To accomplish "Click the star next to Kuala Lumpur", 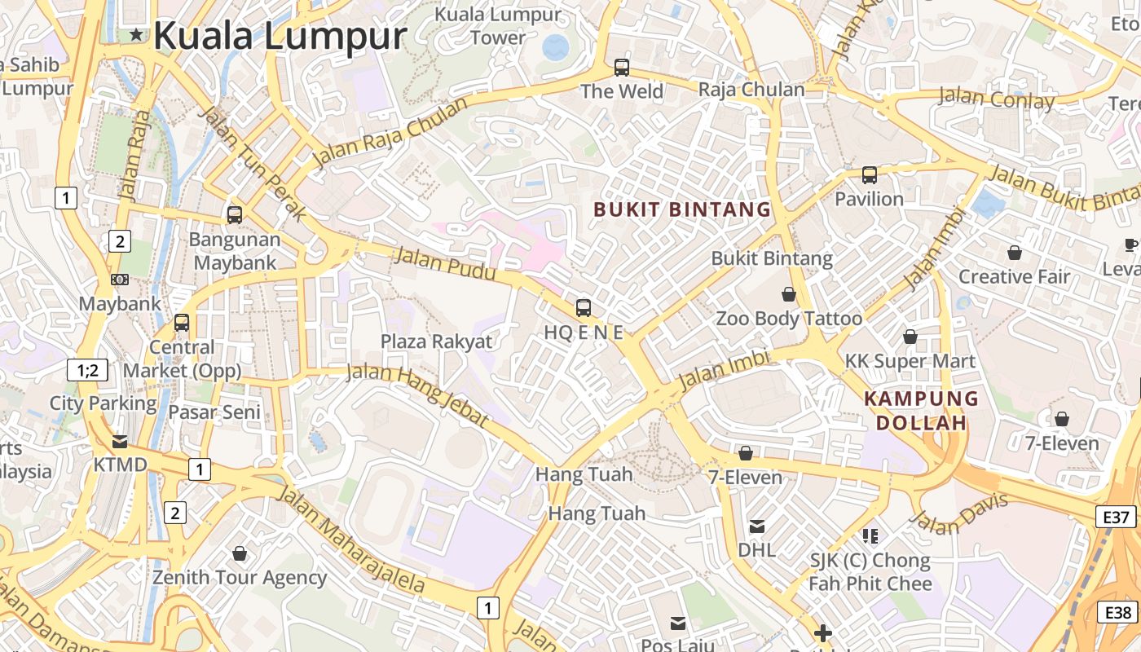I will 136,35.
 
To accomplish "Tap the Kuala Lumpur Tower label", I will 498,25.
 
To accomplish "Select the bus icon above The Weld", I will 622,67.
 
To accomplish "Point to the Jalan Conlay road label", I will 996,99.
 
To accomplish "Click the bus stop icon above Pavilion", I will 870,174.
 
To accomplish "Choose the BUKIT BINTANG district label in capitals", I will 682,209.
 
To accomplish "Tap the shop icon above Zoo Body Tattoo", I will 789,294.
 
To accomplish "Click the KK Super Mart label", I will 910,360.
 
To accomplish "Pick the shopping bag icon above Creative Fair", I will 1015,253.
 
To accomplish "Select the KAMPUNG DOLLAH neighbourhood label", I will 921,411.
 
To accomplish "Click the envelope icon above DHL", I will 757,526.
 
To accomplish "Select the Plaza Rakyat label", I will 437,341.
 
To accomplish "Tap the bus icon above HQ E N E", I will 584,307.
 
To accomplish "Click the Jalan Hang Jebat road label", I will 417,396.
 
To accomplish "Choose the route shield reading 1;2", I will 87,370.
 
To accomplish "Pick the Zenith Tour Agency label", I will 240,578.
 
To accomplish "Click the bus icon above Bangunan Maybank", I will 235,214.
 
